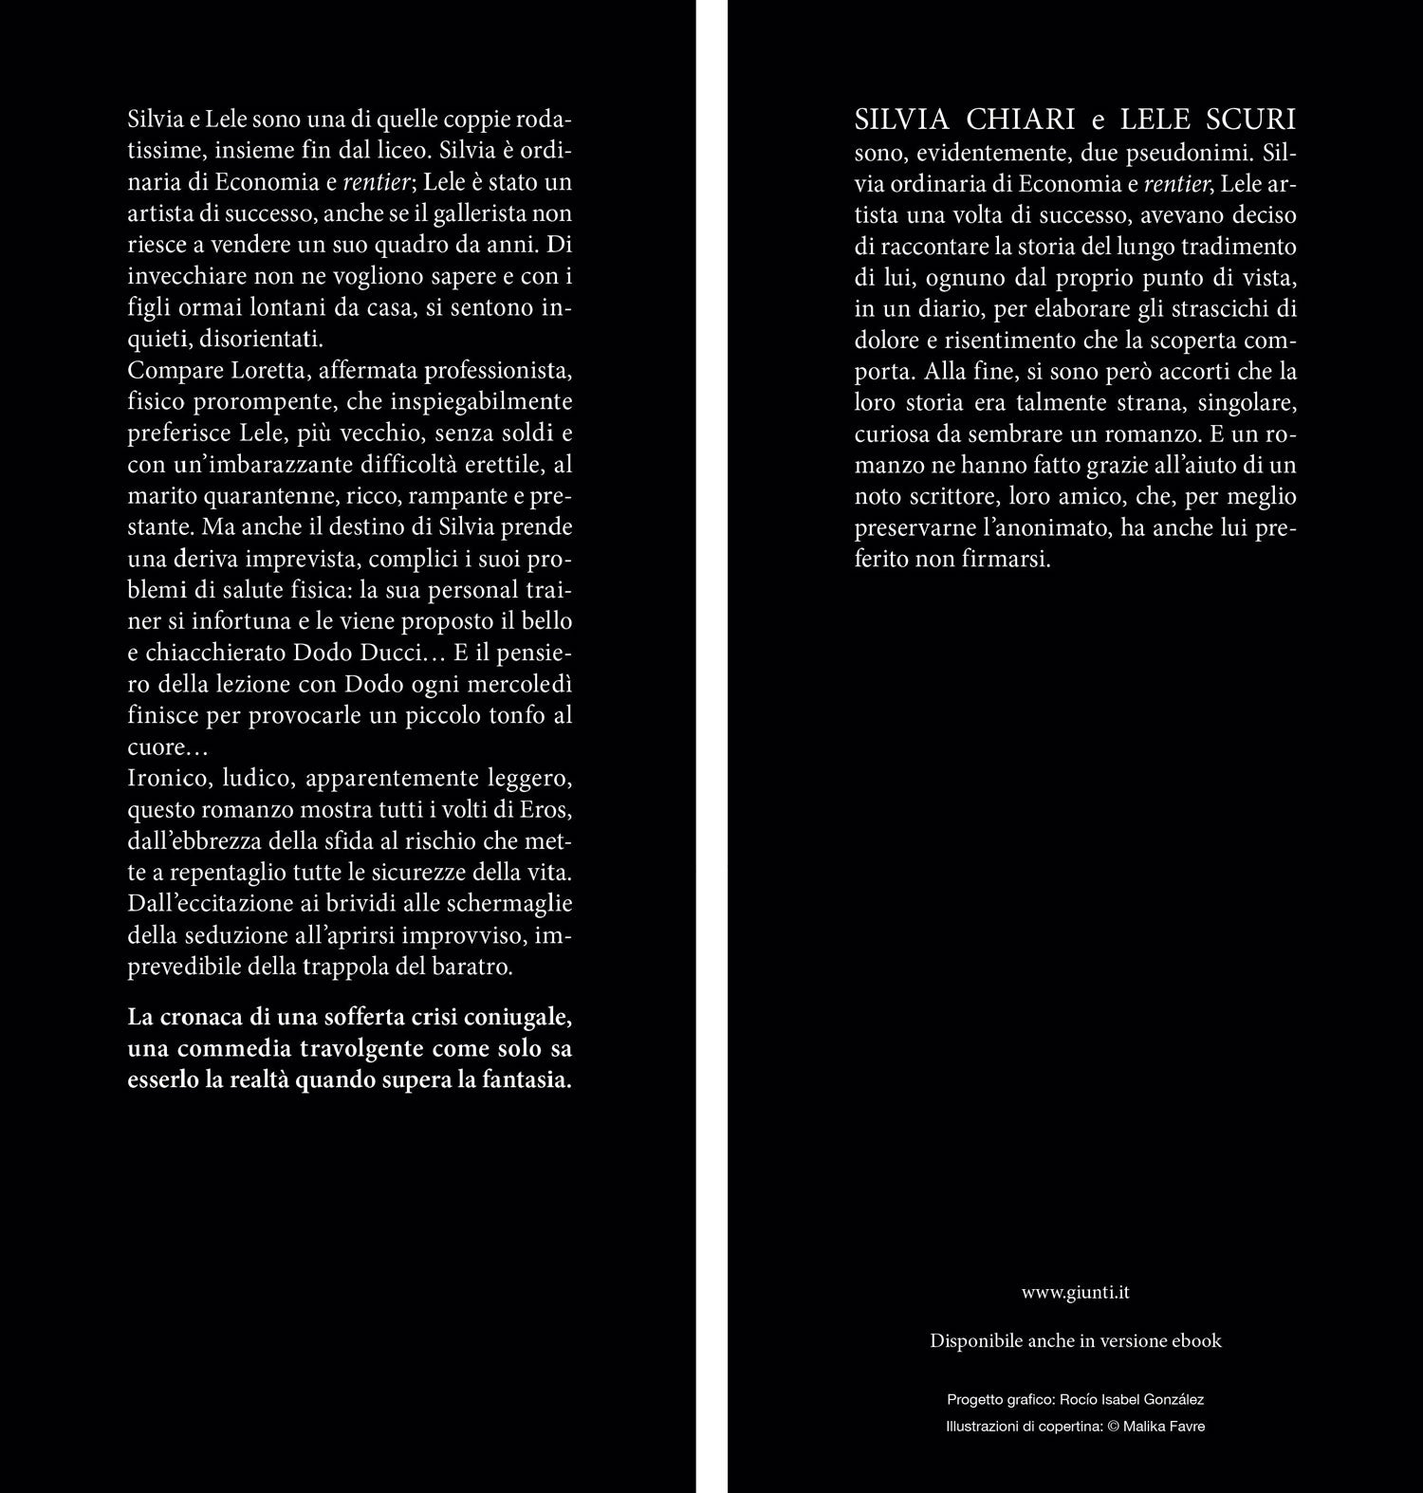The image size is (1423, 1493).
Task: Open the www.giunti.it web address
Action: [1076, 1292]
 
